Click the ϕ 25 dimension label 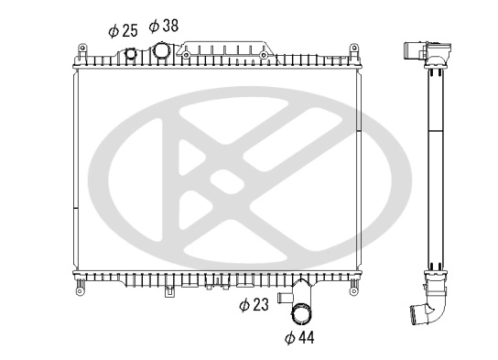pos(123,30)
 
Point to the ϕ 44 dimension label pos(299,338)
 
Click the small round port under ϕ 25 pos(130,54)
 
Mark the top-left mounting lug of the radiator pos(81,49)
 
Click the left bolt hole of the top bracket pos(187,55)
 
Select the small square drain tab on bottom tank pos(168,293)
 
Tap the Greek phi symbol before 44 pos(289,338)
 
